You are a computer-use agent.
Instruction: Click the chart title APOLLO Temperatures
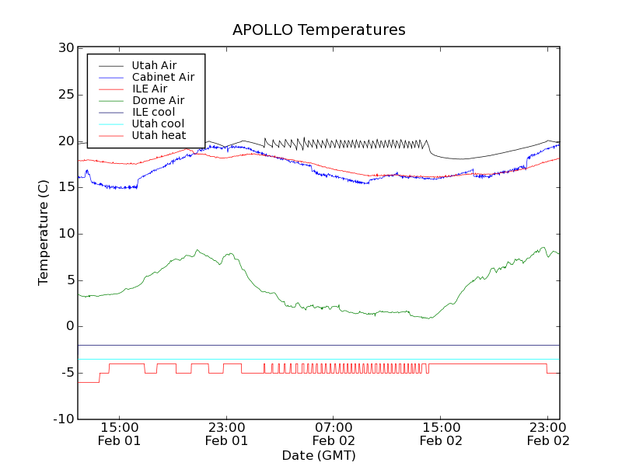click(x=319, y=30)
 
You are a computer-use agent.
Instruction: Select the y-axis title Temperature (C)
click(x=44, y=233)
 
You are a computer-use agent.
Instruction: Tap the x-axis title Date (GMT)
click(x=319, y=455)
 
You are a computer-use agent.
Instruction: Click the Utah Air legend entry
click(x=154, y=65)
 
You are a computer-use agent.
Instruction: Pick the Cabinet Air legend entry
click(x=162, y=77)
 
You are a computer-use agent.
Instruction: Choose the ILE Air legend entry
click(x=149, y=89)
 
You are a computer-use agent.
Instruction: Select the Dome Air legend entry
click(x=158, y=100)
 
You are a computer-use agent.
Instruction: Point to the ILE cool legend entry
click(x=153, y=112)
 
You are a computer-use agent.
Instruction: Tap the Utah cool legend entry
click(x=158, y=123)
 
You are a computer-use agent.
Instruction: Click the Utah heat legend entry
click(x=158, y=135)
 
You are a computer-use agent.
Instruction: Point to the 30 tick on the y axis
click(x=65, y=48)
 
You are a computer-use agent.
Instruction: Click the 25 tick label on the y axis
click(x=65, y=95)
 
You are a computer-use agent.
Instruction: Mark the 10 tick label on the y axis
click(x=65, y=234)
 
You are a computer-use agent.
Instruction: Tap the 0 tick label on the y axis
click(x=68, y=326)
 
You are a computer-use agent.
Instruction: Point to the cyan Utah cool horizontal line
click(x=311, y=360)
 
